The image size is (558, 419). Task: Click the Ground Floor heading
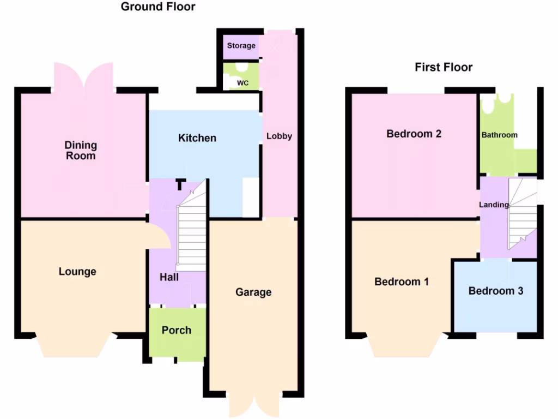tap(158, 7)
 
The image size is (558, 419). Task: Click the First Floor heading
tap(444, 67)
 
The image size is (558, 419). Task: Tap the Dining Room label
tap(81, 151)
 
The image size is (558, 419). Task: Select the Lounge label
tap(77, 272)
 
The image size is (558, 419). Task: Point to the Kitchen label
tap(197, 138)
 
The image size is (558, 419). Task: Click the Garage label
tap(253, 292)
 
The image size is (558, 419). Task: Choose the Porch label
tap(177, 330)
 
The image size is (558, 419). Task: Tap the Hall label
tap(169, 278)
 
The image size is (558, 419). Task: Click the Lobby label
tap(279, 136)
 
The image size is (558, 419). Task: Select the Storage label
tap(241, 46)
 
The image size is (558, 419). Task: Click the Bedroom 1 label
tap(402, 282)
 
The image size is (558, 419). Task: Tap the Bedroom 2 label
tap(414, 134)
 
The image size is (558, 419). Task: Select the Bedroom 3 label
tap(496, 291)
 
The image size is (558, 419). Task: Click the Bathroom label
tap(499, 135)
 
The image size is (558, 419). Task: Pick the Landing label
tap(494, 205)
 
